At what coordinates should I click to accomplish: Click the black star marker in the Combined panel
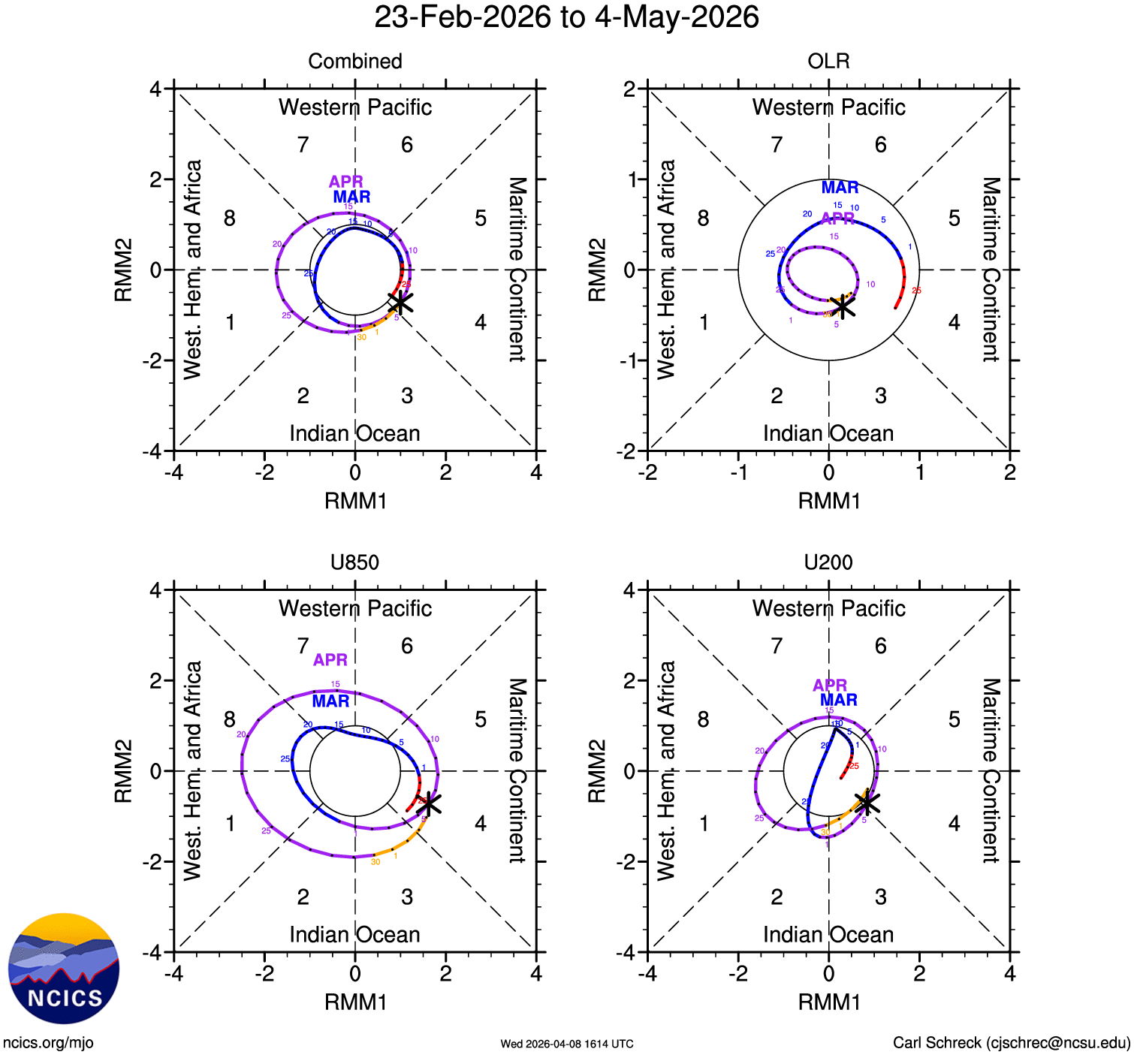tap(400, 303)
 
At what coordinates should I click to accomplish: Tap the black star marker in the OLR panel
tap(843, 306)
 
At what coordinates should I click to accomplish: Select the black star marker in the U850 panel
tap(429, 803)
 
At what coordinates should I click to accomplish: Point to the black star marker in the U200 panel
tap(867, 803)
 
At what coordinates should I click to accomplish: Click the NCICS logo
tap(64, 968)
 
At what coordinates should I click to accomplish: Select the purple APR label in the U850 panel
tap(330, 660)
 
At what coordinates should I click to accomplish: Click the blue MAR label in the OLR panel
tap(840, 188)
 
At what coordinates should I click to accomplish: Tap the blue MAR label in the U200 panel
tap(839, 700)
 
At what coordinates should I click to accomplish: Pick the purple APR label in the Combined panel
tap(346, 182)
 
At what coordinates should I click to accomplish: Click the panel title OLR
tap(828, 61)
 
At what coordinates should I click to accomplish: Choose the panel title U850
tap(354, 562)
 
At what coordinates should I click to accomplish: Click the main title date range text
tap(566, 17)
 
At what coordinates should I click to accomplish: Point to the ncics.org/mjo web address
tap(48, 1043)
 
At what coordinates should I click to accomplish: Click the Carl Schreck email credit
tap(1011, 1043)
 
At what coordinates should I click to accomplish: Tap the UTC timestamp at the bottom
tap(567, 1044)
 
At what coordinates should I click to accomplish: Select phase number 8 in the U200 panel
tap(703, 719)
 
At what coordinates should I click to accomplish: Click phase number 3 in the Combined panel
tap(407, 396)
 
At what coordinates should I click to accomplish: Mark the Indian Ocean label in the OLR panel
tap(828, 433)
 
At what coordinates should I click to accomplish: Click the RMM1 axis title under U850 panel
tap(355, 1002)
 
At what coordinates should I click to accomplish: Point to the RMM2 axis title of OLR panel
tap(596, 270)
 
